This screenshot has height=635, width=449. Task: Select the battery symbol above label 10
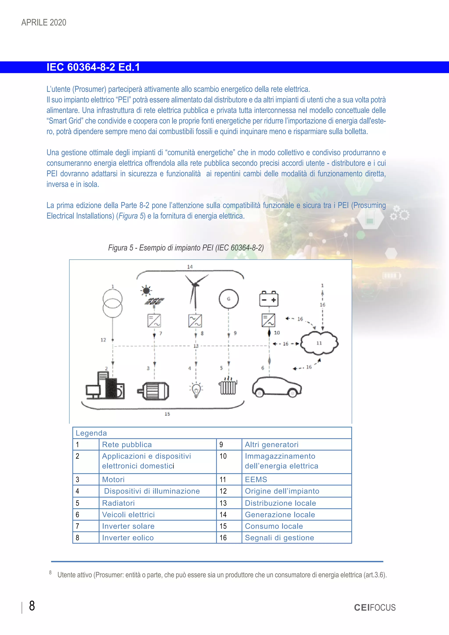269,299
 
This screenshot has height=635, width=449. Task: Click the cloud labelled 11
319,343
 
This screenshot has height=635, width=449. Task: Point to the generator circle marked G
229,299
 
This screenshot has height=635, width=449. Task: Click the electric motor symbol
154,391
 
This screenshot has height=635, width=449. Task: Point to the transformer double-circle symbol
112,303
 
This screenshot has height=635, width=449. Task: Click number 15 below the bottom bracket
167,414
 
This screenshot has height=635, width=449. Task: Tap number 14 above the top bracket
190,267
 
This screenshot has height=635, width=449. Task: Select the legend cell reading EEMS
256,480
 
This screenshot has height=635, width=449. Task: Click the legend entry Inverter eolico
128,538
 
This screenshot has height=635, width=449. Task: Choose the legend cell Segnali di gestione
279,538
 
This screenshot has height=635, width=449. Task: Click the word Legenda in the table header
91,433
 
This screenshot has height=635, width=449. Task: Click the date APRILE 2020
44,22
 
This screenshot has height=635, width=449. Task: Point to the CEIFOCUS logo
375,607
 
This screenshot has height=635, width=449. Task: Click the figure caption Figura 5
186,248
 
